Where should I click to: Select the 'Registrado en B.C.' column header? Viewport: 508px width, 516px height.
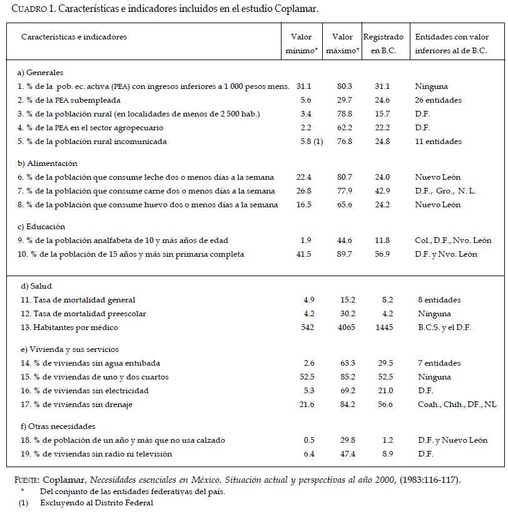click(x=384, y=44)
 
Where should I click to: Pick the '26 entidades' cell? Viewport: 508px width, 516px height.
click(x=439, y=100)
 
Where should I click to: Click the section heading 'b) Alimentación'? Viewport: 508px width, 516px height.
click(x=48, y=163)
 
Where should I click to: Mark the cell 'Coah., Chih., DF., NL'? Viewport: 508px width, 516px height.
click(x=457, y=405)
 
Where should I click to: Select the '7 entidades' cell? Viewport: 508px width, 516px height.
click(x=439, y=363)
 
